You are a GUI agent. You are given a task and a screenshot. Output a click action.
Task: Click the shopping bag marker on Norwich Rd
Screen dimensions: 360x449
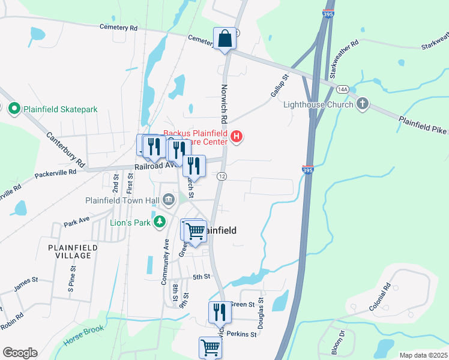[x=224, y=39]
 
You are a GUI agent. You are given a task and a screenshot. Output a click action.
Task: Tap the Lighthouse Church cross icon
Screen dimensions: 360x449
[x=362, y=104]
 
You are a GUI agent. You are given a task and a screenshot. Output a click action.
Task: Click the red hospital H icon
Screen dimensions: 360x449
[x=237, y=137]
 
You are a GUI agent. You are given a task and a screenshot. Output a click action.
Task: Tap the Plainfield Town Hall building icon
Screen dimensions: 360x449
[x=169, y=199]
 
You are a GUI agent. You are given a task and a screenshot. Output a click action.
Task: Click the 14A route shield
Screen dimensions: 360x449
[x=343, y=89]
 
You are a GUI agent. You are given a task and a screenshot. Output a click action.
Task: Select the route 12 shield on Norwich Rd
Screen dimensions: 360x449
[x=222, y=176]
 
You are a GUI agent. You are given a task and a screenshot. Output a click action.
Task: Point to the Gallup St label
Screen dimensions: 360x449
[x=280, y=86]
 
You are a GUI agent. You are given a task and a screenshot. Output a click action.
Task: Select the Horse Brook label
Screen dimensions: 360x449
[x=83, y=337]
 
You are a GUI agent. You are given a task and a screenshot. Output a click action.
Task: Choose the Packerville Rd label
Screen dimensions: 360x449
[x=55, y=172]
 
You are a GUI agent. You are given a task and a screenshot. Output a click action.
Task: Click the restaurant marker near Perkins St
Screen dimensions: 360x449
[x=218, y=313]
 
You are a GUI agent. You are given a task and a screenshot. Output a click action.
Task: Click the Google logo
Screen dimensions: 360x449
[x=20, y=352]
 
